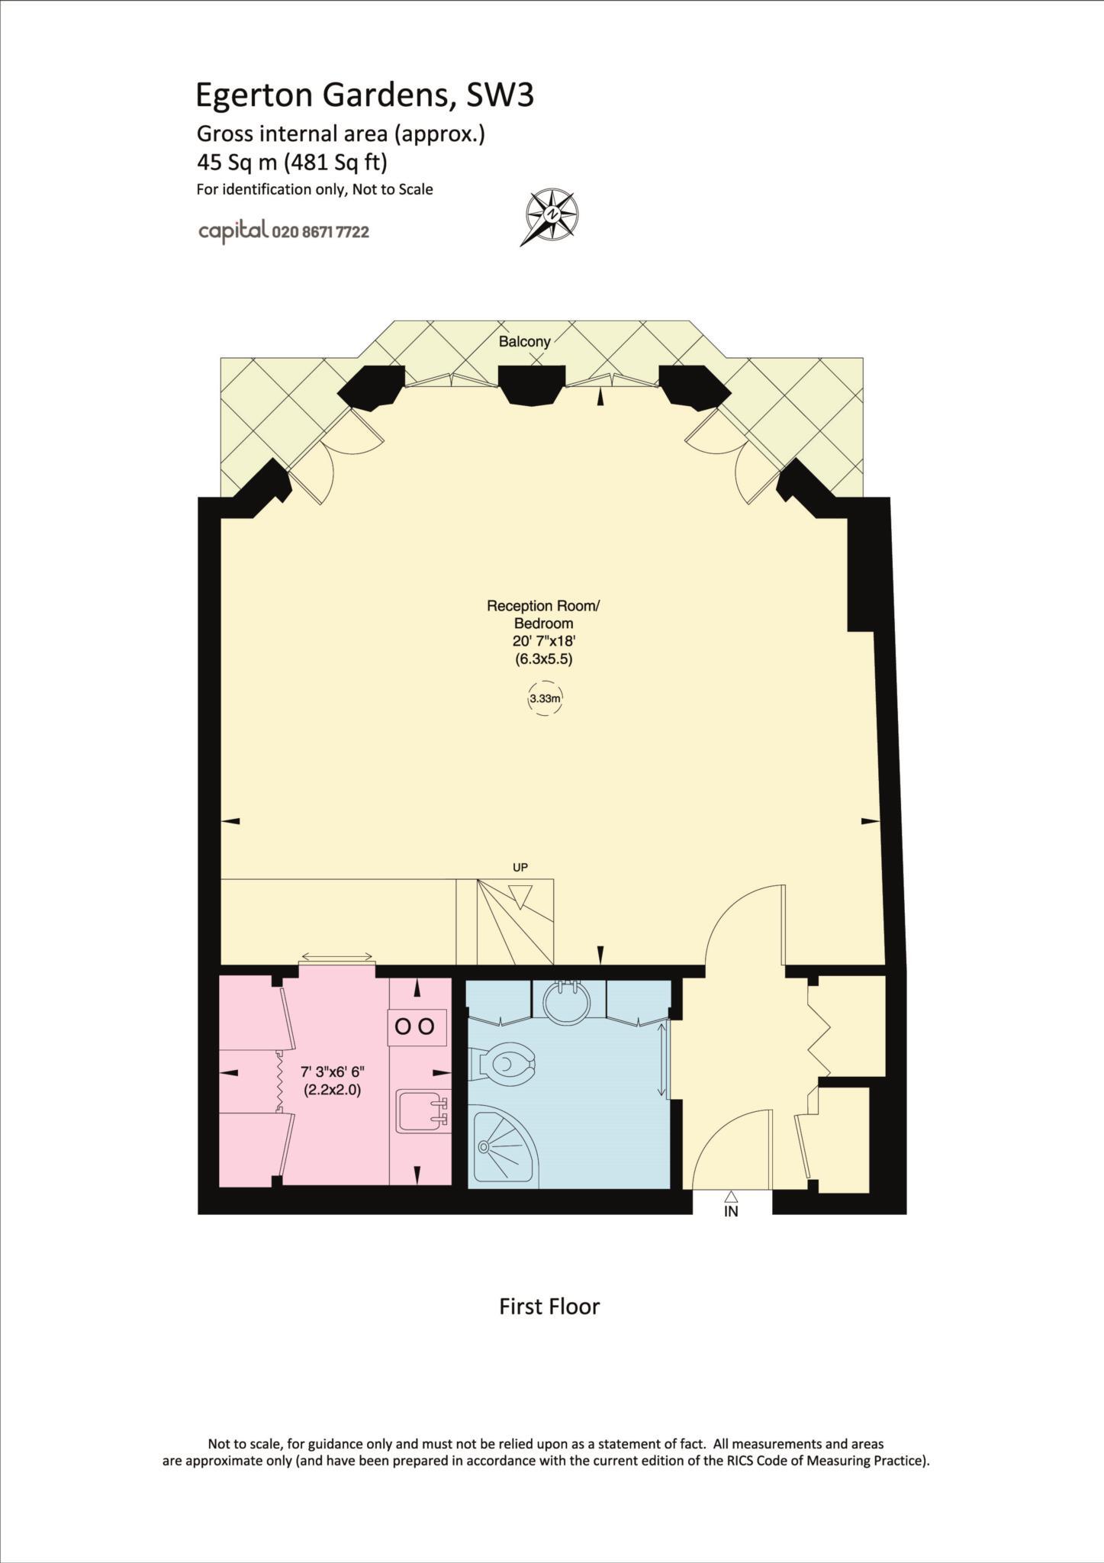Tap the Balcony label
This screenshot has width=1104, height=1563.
click(524, 342)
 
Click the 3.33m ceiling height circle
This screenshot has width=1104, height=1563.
click(545, 698)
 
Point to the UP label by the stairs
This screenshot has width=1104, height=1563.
click(520, 868)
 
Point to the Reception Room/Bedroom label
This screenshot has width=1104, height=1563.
click(543, 615)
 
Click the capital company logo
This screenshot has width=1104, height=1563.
click(233, 230)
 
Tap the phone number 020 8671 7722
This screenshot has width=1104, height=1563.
click(320, 233)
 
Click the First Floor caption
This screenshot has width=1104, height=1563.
click(549, 1307)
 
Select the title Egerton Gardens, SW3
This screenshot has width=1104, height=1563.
click(365, 95)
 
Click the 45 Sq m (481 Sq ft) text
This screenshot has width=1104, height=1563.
click(292, 163)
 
